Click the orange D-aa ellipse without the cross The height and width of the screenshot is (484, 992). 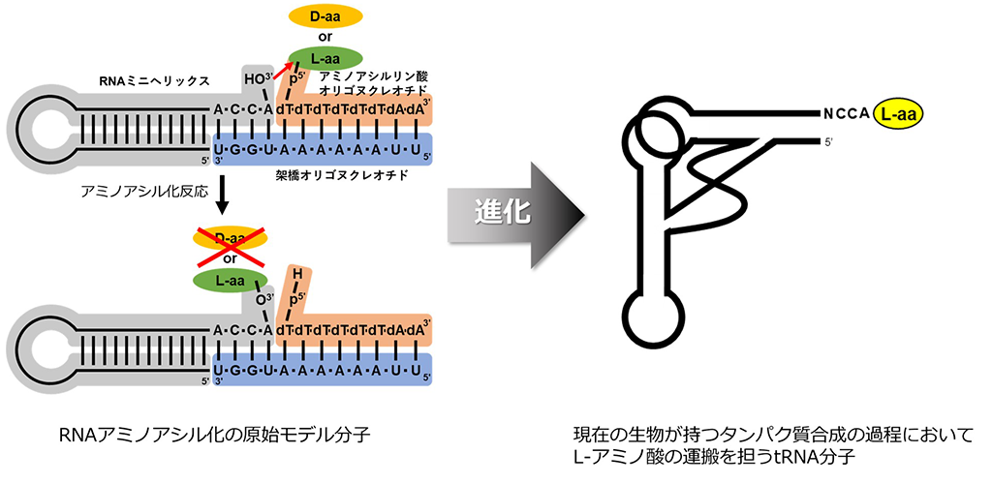(325, 16)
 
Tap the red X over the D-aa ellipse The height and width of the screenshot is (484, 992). (232, 248)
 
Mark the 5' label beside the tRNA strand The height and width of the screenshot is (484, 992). (828, 142)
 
